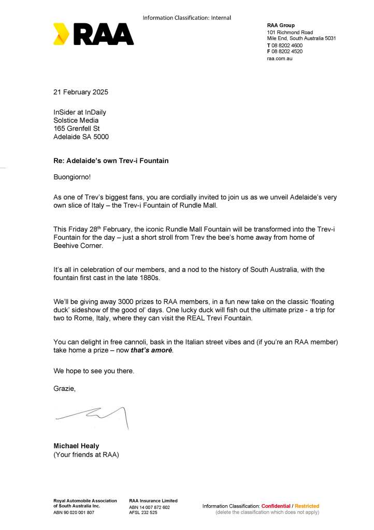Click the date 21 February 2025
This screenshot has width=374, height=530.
click(x=81, y=92)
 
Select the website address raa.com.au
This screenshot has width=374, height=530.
click(x=280, y=59)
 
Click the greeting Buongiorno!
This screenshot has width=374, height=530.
click(x=71, y=176)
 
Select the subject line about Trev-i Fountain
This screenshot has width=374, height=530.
click(x=111, y=161)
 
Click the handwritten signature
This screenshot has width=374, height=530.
click(x=93, y=415)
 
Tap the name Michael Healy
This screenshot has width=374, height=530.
click(x=76, y=446)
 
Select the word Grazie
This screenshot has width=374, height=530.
click(x=64, y=388)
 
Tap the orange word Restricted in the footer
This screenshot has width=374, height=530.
click(x=307, y=506)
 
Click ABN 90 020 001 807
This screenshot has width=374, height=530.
click(x=74, y=512)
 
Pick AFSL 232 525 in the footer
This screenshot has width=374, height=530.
click(x=143, y=512)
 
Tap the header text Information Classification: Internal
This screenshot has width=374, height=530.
click(x=186, y=18)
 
